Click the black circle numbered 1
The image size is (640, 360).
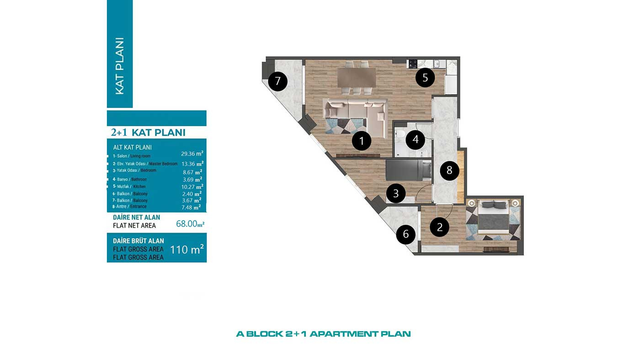[362, 141]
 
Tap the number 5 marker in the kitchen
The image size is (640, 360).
[425, 78]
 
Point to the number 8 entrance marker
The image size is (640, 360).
[449, 170]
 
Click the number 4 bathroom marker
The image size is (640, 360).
[416, 140]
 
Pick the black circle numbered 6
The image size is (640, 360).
[406, 234]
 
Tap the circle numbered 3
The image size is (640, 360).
[396, 194]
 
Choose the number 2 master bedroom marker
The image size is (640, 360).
[440, 227]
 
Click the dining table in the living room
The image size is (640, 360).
[357, 77]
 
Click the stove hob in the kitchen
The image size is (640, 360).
[412, 64]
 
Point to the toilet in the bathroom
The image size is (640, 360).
[400, 134]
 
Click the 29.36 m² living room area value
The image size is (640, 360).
[192, 154]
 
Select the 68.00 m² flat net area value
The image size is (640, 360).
[190, 223]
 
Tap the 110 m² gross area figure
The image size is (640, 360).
[187, 249]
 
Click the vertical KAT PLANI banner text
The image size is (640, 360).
[120, 66]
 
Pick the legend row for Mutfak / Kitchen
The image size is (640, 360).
[158, 187]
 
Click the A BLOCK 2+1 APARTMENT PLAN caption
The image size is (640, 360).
[324, 334]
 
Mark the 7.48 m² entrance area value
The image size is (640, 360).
[191, 207]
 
